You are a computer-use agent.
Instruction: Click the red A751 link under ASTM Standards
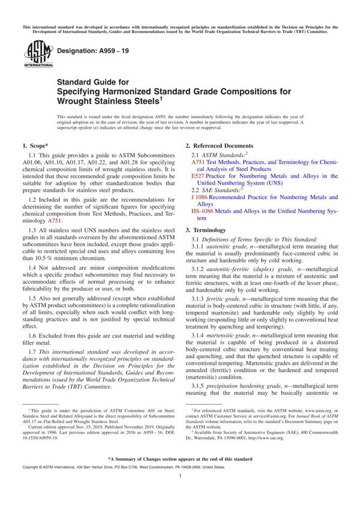197,162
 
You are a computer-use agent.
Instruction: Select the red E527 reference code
197,176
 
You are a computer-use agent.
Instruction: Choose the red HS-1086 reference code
202,211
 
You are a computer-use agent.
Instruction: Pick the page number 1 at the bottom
180,491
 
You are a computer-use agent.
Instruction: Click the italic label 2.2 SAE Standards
214,190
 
